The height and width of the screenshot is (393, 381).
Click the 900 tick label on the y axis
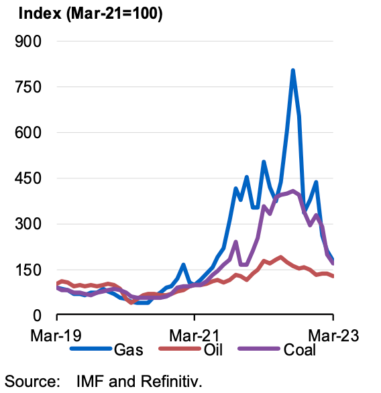tap(28, 42)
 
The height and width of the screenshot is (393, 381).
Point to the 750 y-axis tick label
tap(28, 87)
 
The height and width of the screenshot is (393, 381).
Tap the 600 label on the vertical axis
tap(28, 133)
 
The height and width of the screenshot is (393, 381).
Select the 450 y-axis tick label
tap(28, 178)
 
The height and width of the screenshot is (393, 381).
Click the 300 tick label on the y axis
tap(28, 224)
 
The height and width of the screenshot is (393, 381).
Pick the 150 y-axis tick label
tap(28, 270)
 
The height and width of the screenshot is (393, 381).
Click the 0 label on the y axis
tap(37, 316)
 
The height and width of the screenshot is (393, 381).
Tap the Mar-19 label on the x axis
tap(56, 335)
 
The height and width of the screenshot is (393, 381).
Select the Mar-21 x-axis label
tap(195, 335)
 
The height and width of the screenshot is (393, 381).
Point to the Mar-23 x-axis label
tap(333, 335)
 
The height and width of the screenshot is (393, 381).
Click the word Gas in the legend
tap(129, 349)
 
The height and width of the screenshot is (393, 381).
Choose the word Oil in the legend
tap(213, 349)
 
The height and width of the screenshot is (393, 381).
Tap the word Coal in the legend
tap(300, 349)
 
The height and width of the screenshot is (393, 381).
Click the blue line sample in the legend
tap(91, 349)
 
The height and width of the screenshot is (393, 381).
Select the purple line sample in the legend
tap(259, 349)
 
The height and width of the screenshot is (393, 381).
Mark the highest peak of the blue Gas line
tap(292, 70)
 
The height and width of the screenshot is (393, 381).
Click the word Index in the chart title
tap(40, 13)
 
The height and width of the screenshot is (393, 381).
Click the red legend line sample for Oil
tap(180, 349)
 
